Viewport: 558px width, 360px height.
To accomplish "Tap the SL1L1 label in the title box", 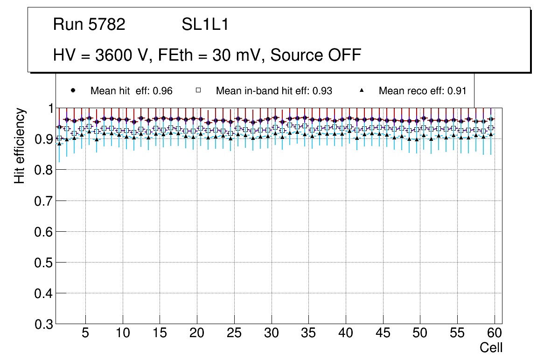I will point(205,25).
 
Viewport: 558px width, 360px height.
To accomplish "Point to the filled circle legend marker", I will point(72,90).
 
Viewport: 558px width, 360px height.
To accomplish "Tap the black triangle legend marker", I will point(362,90).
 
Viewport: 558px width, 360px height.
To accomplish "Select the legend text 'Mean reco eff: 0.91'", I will point(422,91).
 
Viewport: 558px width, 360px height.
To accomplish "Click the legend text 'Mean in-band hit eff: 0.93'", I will point(274,91).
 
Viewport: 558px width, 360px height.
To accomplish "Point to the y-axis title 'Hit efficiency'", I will point(20,146).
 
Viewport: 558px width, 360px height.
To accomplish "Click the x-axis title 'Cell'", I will point(491,347).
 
